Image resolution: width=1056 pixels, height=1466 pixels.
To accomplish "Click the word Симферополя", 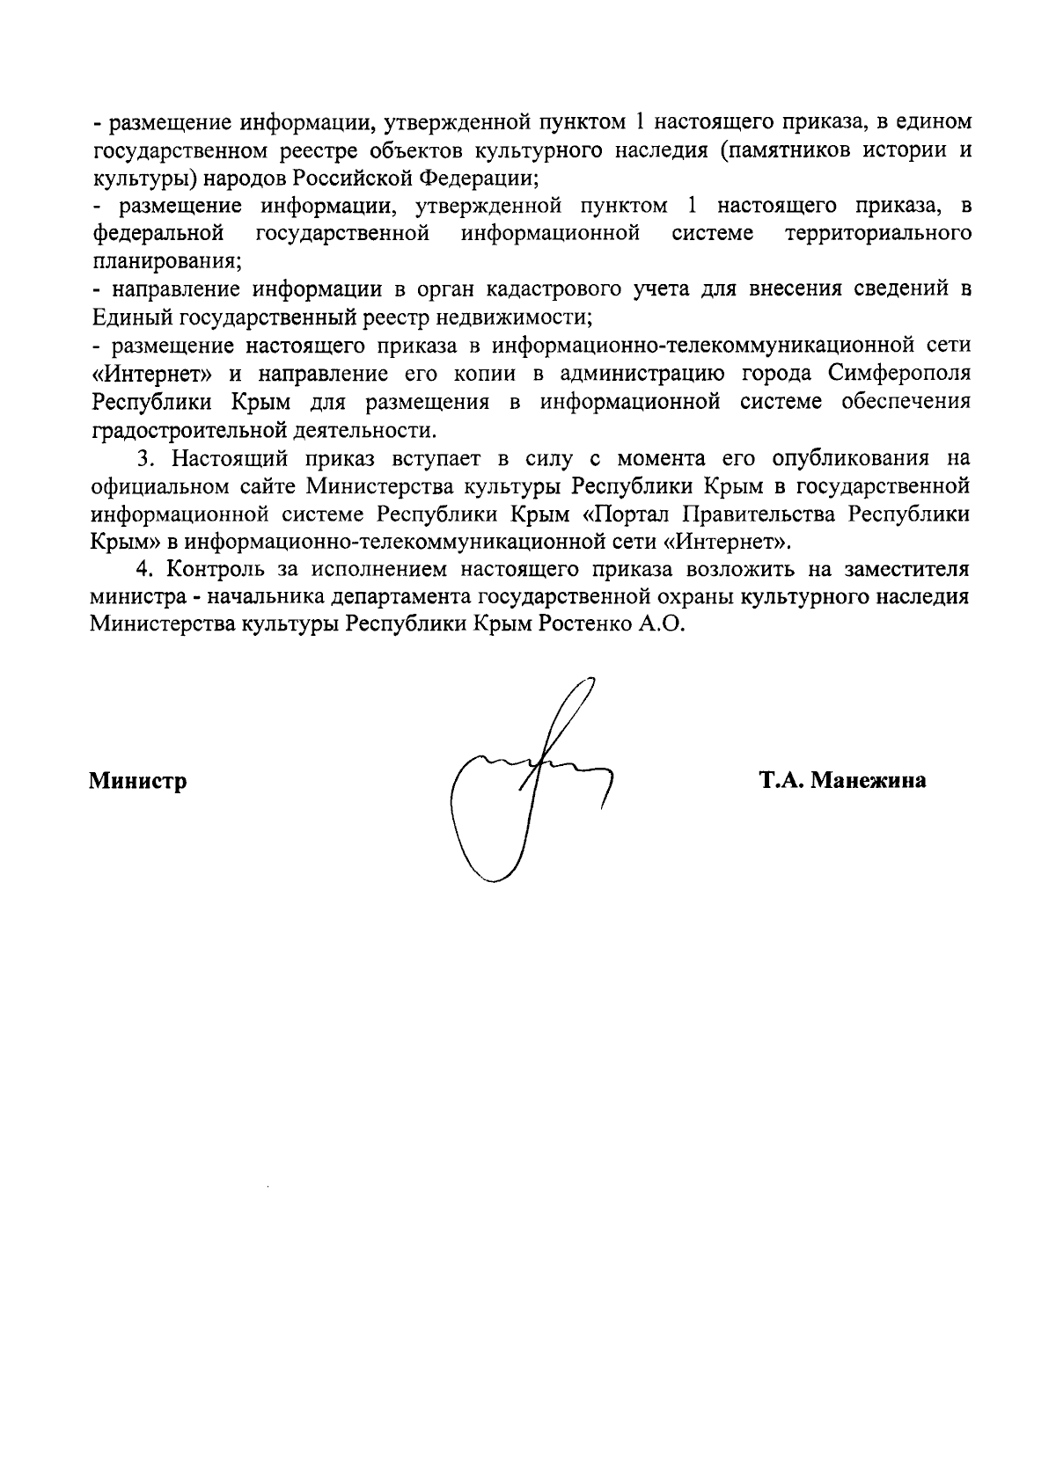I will pyautogui.click(x=899, y=373).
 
